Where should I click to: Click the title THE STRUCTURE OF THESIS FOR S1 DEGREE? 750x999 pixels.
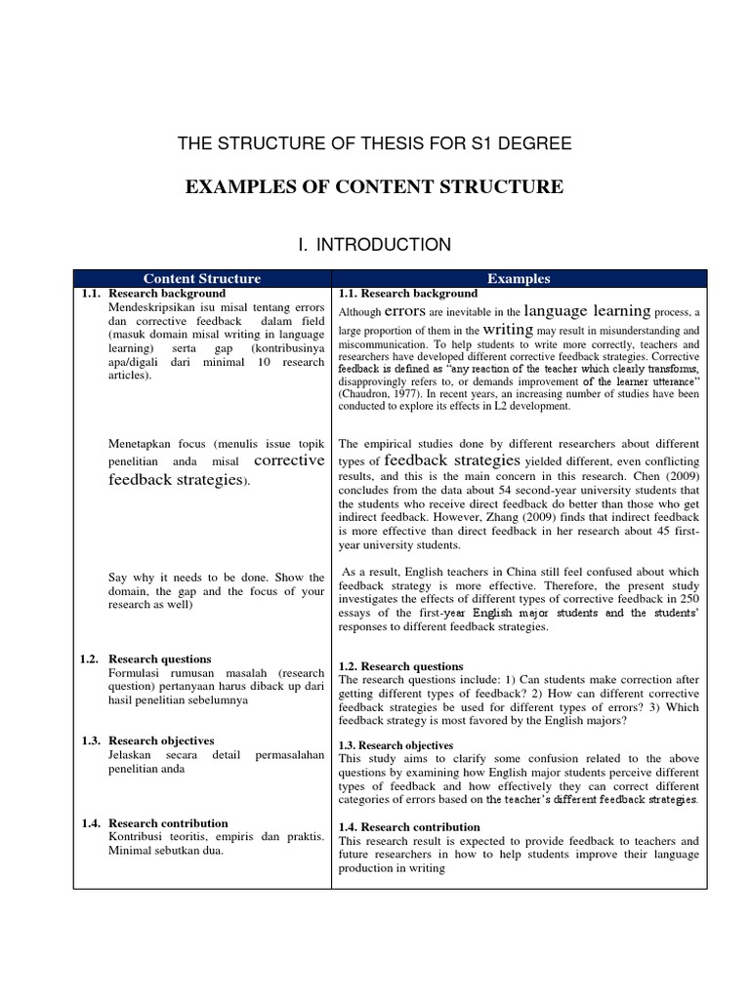point(374,144)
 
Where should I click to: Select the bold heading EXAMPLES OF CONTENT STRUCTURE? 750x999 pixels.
point(374,186)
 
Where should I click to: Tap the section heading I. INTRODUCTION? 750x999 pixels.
point(375,245)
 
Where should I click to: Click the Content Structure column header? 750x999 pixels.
point(203,278)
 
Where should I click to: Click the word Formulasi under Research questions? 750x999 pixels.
point(135,673)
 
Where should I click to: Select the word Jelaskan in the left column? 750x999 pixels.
point(133,755)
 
